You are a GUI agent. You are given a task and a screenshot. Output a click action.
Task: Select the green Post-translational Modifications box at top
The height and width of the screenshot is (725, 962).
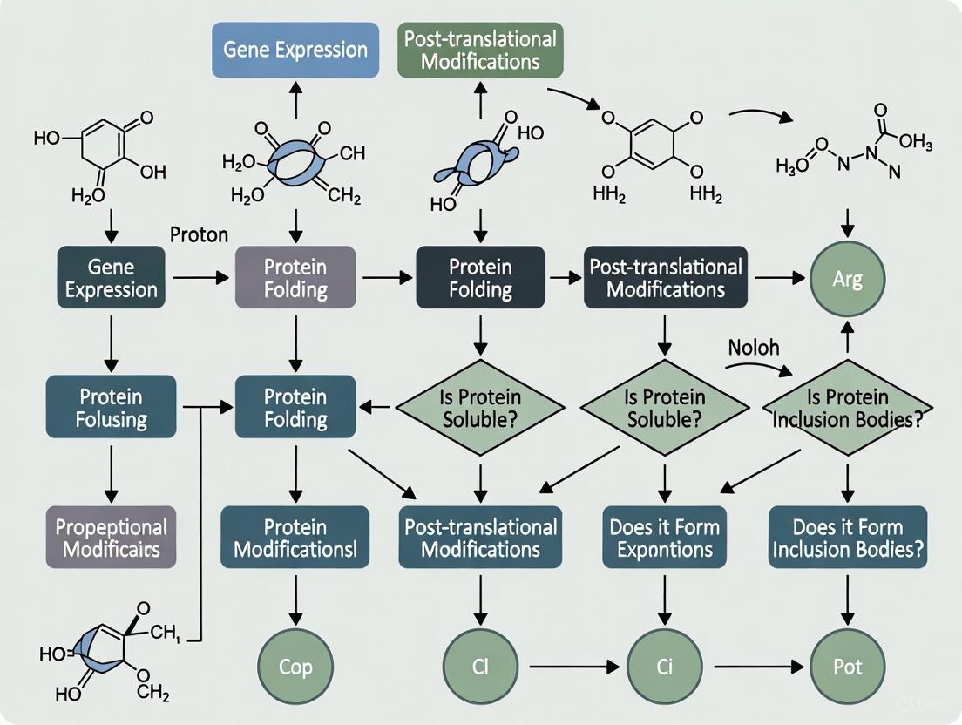pyautogui.click(x=480, y=51)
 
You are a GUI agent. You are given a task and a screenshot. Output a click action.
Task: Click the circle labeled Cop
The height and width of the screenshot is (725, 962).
pyautogui.click(x=295, y=667)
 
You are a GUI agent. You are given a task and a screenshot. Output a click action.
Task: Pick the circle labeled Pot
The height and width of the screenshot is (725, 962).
pyautogui.click(x=847, y=667)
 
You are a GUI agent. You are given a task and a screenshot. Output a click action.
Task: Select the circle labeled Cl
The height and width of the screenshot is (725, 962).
pyautogui.click(x=480, y=667)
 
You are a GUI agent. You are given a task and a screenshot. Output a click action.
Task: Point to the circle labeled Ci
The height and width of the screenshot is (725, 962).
pyautogui.click(x=664, y=667)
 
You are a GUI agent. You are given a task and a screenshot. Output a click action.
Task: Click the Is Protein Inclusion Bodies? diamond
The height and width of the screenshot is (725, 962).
pyautogui.click(x=847, y=408)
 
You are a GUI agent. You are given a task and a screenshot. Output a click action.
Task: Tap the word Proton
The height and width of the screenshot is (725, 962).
pyautogui.click(x=199, y=234)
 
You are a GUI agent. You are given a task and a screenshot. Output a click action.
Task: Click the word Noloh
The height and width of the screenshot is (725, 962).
pyautogui.click(x=753, y=347)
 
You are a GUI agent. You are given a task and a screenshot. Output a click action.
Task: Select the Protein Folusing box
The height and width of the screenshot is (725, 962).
pyautogui.click(x=110, y=408)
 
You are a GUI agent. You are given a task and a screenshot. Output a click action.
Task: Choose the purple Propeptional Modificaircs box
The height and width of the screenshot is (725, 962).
pyautogui.click(x=110, y=538)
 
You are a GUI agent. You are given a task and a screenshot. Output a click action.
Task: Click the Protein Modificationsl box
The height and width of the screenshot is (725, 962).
pyautogui.click(x=295, y=538)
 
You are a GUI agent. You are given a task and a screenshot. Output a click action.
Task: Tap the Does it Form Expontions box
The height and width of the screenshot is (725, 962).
pyautogui.click(x=664, y=538)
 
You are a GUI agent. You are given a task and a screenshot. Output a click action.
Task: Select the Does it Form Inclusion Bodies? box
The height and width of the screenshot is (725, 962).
pyautogui.click(x=847, y=538)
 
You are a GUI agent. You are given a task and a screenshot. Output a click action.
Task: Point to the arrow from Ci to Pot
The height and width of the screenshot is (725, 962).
pyautogui.click(x=755, y=667)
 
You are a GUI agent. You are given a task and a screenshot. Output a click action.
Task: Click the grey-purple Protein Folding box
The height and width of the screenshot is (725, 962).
pyautogui.click(x=295, y=277)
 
